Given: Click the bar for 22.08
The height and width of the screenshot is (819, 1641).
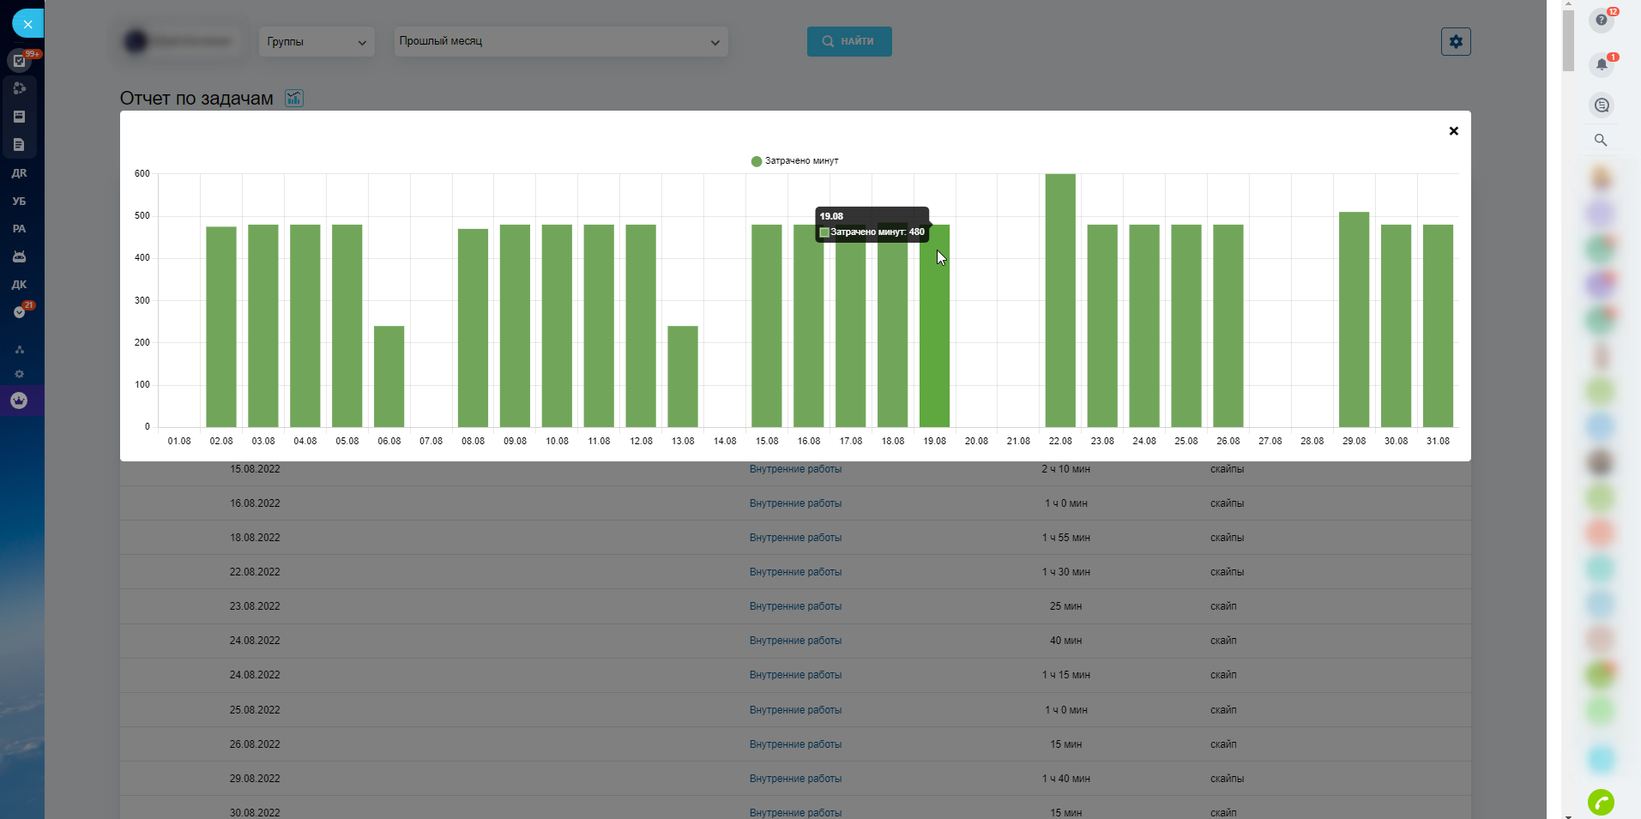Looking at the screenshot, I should point(1060,300).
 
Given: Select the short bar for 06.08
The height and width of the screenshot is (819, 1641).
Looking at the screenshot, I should point(389,376).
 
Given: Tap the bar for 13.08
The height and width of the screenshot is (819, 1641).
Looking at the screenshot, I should point(683,376).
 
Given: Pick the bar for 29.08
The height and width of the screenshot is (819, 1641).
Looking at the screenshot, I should point(1354,319).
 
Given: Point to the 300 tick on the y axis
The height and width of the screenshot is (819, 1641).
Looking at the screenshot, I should point(142,300).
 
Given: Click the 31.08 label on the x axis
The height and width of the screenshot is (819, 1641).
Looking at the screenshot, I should point(1438,441).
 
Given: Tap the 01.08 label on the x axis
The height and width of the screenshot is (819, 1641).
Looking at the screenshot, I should point(179,441).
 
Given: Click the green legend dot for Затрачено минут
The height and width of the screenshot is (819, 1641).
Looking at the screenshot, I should point(756,161).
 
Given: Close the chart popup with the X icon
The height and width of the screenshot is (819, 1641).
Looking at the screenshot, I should point(1453,131).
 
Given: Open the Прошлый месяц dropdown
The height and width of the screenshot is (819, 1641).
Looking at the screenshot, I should point(560,41).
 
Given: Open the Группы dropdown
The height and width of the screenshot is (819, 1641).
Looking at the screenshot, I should point(317,42).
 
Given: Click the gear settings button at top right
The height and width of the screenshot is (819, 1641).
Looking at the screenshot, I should point(1456,41).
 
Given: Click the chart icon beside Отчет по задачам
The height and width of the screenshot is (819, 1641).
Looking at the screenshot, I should point(294,99).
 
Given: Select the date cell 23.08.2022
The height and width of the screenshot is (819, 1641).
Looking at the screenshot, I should point(255,606).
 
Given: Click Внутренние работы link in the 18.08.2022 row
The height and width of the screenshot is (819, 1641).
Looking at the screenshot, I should point(795,538).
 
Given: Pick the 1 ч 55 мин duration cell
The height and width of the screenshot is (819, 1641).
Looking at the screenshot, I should point(1065,538).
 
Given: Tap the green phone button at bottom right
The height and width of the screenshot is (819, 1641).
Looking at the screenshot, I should point(1601,802).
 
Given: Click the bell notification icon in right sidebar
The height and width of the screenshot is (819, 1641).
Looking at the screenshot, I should point(1601,64).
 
